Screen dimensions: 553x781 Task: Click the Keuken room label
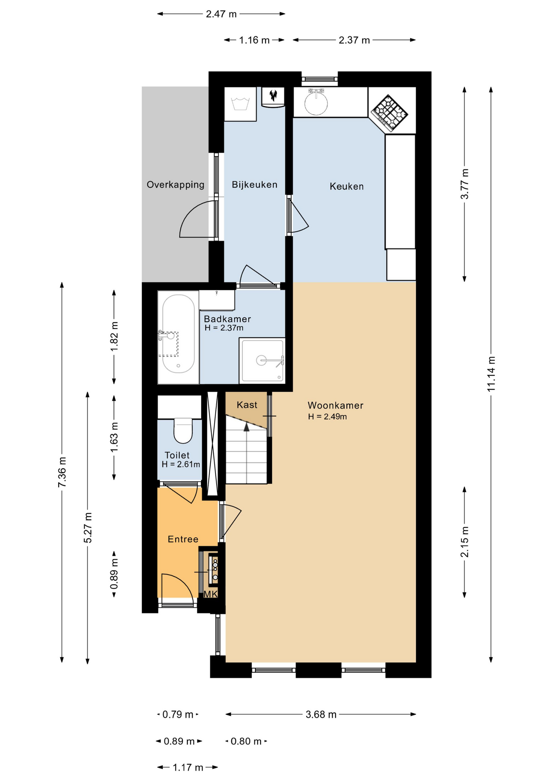[x=347, y=186]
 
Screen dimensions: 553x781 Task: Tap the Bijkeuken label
[x=255, y=185]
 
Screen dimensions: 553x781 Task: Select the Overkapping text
[x=176, y=185]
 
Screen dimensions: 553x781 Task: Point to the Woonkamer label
[x=335, y=405]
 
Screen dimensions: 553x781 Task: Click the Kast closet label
[x=247, y=405]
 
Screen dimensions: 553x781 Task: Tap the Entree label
[x=183, y=539]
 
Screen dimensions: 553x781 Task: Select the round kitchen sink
[x=316, y=103]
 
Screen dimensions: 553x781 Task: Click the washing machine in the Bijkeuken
[x=240, y=104]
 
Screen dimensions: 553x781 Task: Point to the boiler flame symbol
[x=273, y=95]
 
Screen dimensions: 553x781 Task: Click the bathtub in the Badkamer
[x=178, y=337]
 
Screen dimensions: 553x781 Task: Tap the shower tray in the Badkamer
[x=262, y=361]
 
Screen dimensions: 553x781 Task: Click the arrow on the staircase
[x=246, y=427]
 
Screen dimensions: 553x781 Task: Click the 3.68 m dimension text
[x=321, y=714]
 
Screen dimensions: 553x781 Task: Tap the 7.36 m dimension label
[x=62, y=472]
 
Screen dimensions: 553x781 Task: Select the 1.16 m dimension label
[x=254, y=40]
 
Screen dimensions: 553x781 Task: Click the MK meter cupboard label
[x=211, y=594]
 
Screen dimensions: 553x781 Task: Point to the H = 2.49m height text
[x=327, y=417]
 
